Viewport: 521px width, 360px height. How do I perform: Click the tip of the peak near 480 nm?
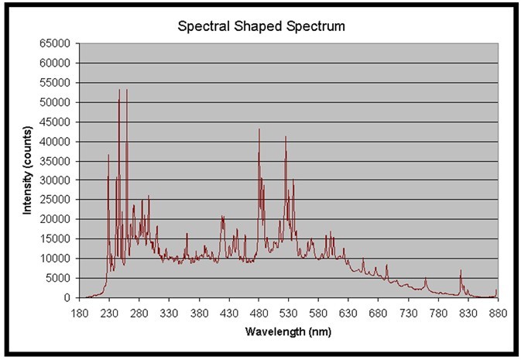pos(259,129)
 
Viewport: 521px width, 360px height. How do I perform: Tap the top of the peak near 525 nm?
pos(286,137)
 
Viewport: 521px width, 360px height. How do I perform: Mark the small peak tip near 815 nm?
pos(461,270)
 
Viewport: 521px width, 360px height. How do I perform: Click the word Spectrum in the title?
pos(319,26)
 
